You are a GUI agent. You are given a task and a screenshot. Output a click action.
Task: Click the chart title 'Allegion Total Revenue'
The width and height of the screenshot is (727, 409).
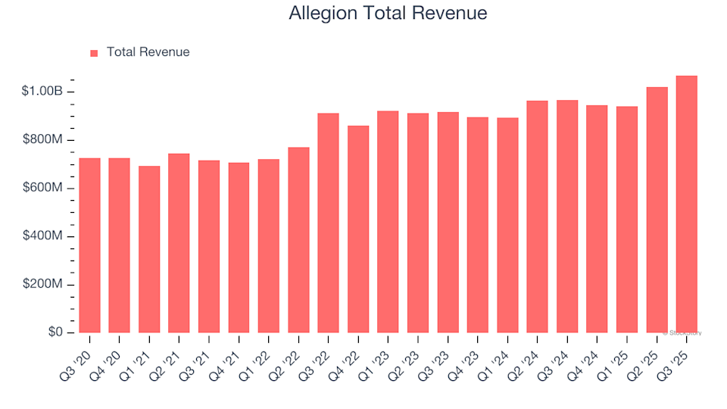click(388, 14)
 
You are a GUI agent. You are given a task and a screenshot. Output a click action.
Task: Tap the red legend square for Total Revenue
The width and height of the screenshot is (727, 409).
click(94, 53)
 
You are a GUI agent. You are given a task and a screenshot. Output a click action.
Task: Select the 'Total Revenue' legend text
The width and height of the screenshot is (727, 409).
click(148, 52)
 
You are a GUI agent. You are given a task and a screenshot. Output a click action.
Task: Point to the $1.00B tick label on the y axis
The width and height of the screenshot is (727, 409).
click(43, 92)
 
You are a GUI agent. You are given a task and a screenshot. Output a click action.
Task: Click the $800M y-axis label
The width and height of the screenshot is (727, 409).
click(43, 140)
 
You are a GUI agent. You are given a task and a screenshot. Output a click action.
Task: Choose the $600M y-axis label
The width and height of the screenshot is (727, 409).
click(43, 188)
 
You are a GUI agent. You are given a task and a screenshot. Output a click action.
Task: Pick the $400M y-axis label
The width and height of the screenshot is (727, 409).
click(43, 236)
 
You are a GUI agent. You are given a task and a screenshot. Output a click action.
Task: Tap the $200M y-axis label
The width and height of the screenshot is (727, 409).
click(43, 285)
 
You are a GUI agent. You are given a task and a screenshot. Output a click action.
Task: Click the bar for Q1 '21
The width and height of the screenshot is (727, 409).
click(149, 249)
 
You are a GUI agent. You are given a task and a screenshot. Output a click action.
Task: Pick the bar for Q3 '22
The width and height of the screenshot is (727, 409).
click(328, 223)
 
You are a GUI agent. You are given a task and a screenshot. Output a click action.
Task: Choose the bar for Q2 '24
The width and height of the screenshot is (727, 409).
click(537, 217)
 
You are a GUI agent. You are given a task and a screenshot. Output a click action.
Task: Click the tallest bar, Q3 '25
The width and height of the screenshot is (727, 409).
click(686, 204)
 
